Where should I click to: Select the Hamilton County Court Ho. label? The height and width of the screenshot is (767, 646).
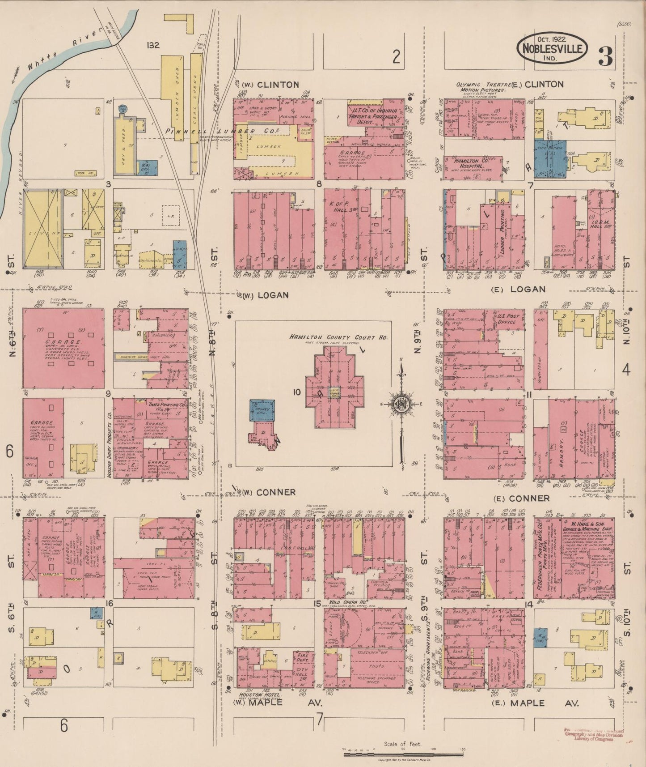click(x=338, y=337)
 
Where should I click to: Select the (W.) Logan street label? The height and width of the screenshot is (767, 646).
click(x=266, y=295)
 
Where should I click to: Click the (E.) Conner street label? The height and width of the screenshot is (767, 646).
click(x=521, y=499)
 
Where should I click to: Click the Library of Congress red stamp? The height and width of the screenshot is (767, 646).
click(x=596, y=735)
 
